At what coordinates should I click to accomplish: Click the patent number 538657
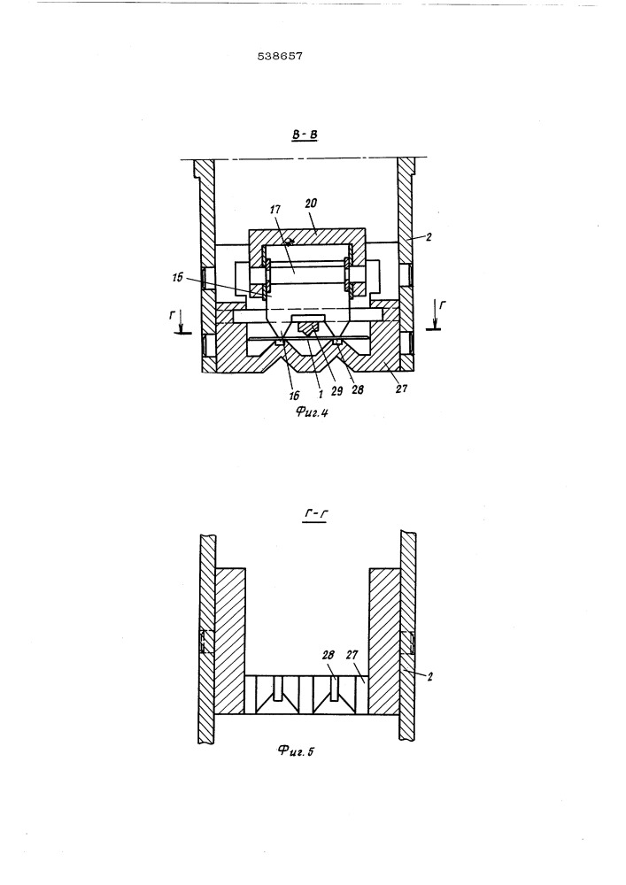(280, 56)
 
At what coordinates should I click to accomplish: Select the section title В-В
(305, 135)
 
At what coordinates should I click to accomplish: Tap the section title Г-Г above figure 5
(317, 514)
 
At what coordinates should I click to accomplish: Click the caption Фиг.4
(312, 412)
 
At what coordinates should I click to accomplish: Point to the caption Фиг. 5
(295, 750)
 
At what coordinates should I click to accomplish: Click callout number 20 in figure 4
(311, 204)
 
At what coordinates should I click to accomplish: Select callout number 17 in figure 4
(275, 210)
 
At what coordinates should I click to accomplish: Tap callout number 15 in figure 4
(178, 278)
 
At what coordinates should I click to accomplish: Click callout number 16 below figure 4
(294, 396)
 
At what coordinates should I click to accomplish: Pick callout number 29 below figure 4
(337, 390)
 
